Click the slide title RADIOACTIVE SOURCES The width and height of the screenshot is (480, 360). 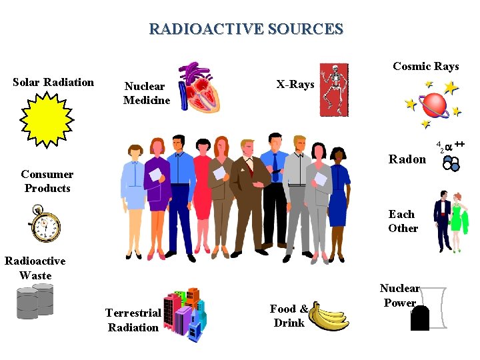(x=246, y=29)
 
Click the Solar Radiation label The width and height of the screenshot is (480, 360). (x=53, y=83)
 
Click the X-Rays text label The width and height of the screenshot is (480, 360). (x=295, y=85)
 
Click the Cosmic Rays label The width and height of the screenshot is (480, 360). (x=425, y=66)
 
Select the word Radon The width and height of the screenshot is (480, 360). (x=407, y=159)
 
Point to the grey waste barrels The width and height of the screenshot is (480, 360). (x=35, y=301)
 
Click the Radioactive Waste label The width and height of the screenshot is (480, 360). (x=35, y=268)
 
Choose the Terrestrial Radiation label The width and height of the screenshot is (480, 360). (x=133, y=320)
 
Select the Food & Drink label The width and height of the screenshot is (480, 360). (x=289, y=316)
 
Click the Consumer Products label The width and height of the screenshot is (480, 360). (x=47, y=181)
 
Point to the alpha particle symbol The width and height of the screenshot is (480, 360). (x=451, y=145)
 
